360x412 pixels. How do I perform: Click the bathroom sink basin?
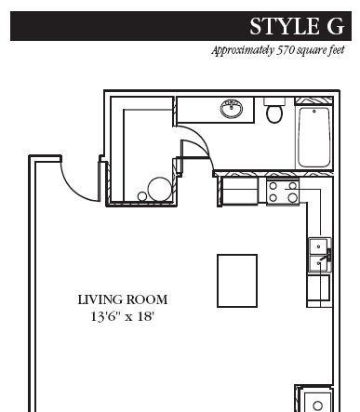(232, 109)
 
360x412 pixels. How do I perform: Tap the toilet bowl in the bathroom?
(274, 113)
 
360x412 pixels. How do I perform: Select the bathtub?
(313, 138)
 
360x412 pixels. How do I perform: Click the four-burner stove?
(283, 192)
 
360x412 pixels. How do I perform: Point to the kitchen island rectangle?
(237, 281)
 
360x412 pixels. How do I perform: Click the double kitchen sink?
(320, 256)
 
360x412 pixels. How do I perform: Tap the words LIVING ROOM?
(123, 299)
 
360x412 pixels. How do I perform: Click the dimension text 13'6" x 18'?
(123, 316)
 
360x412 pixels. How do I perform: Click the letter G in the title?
(335, 26)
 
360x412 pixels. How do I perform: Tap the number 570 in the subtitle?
(285, 49)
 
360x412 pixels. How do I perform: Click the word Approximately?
(243, 50)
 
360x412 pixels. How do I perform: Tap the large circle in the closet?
(159, 189)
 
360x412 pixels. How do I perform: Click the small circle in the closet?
(142, 196)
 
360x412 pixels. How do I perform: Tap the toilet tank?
(274, 101)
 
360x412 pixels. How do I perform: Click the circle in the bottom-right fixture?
(318, 405)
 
